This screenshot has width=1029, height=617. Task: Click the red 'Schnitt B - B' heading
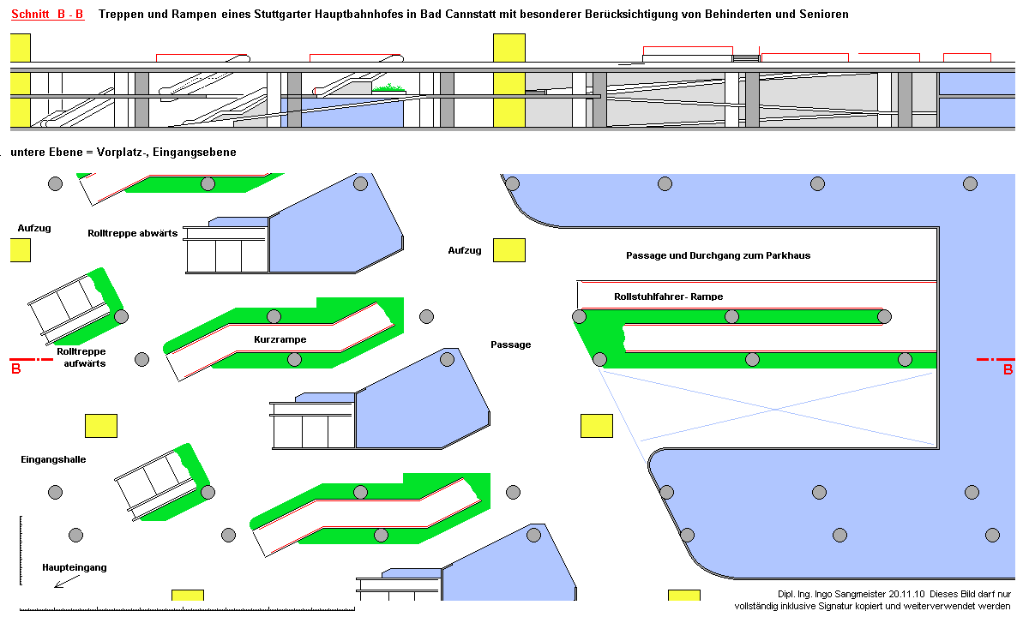47,15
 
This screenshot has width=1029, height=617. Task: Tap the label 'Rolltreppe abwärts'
132,232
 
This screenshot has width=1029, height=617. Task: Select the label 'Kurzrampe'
280,339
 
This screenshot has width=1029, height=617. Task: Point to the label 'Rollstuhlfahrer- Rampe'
668,297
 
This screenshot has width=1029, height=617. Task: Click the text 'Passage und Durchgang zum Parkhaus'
718,255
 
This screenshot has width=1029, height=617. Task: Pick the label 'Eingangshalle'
53,459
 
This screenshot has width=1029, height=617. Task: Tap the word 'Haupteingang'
75,567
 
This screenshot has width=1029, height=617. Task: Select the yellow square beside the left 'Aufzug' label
20,250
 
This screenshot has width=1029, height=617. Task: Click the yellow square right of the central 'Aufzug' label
508,250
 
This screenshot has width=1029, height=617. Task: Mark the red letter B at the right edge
1008,370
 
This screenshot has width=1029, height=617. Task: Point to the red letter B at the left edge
15,370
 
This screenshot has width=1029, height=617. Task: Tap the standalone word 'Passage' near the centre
510,344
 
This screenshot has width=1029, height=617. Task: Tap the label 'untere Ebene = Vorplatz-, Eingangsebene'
123,152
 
